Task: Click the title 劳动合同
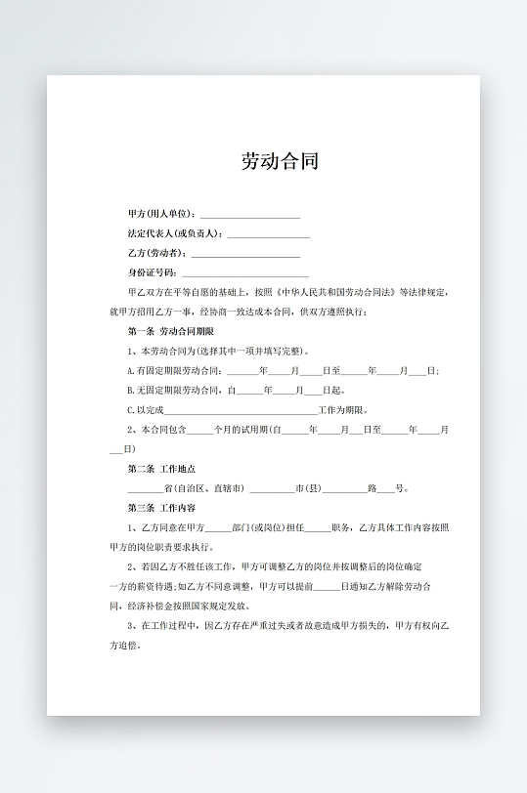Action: point(280,162)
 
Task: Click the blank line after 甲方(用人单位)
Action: point(250,215)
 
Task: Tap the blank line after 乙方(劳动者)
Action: point(244,254)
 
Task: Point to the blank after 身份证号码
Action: point(245,274)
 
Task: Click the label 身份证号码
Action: point(152,273)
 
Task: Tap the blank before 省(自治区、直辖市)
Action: point(145,489)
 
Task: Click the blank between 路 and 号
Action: point(386,489)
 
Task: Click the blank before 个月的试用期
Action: point(199,431)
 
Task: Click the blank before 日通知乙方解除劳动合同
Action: point(328,587)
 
